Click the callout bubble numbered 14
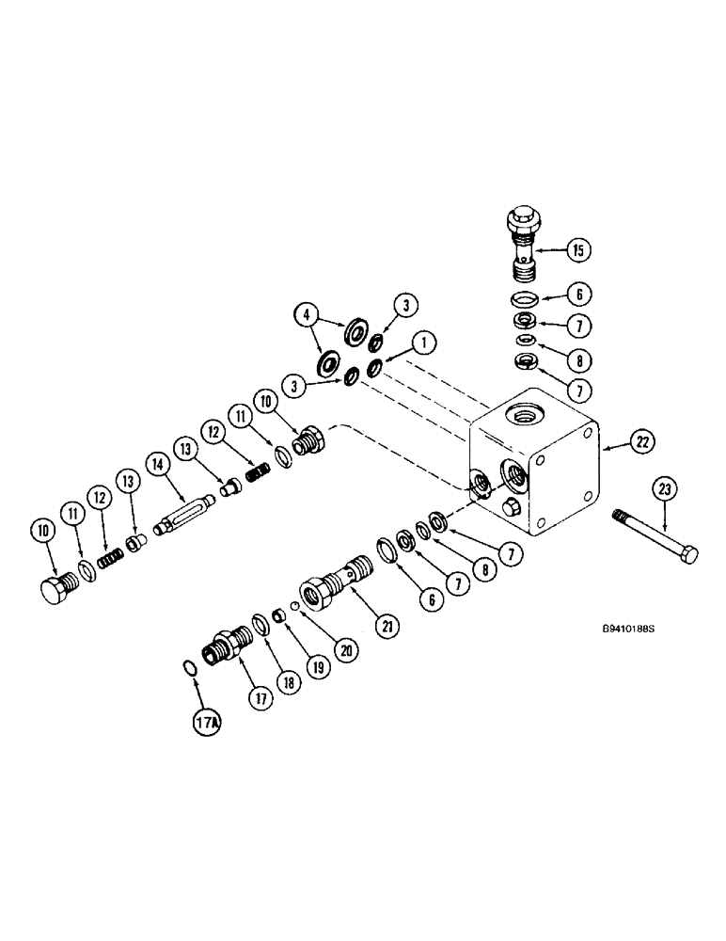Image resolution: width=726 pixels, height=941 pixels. pyautogui.click(x=157, y=462)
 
